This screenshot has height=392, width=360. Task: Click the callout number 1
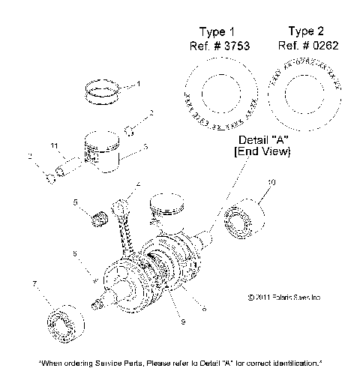(137, 85)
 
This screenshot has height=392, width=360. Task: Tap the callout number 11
(53, 145)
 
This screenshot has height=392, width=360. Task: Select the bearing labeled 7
(61, 324)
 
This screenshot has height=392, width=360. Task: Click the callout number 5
(75, 202)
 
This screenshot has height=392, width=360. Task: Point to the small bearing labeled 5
(96, 219)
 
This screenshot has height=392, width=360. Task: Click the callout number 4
(138, 184)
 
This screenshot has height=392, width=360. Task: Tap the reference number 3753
(232, 45)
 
